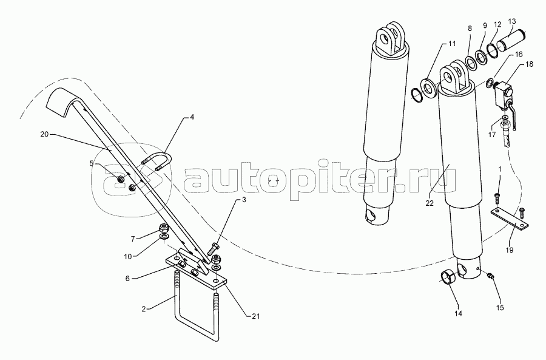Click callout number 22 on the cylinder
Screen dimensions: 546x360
430,203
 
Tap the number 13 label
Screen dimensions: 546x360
512,21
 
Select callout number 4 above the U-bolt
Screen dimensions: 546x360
192,117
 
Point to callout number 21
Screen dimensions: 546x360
255,316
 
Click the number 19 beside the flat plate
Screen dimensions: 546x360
510,250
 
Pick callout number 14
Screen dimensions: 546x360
458,314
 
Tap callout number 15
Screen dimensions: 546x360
500,308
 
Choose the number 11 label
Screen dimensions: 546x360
451,44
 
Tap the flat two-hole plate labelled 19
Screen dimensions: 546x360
510,220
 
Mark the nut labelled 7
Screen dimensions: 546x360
164,228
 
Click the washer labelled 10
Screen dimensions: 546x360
164,238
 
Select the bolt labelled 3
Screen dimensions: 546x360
214,250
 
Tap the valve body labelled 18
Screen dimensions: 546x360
503,91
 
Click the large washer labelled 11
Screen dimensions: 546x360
428,89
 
